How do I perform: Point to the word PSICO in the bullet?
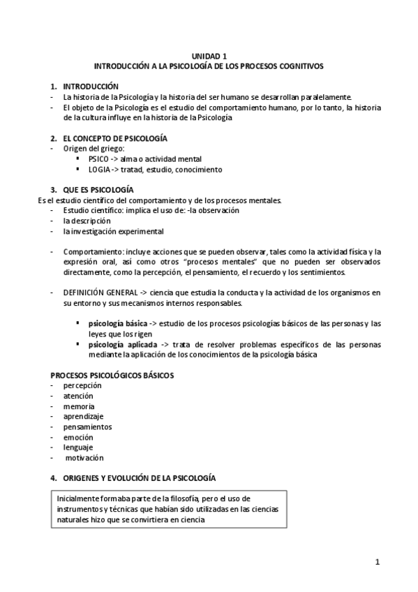tap(99, 159)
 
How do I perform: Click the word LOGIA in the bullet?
tap(100, 170)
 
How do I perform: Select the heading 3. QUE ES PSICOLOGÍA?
tap(97, 190)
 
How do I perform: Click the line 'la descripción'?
tap(87, 221)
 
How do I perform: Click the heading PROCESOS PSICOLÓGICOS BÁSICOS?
tap(112, 375)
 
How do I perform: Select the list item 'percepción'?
tap(82, 385)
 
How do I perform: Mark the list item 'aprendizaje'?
tap(82, 416)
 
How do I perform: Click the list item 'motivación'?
tap(84, 458)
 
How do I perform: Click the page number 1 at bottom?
tap(377, 562)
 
